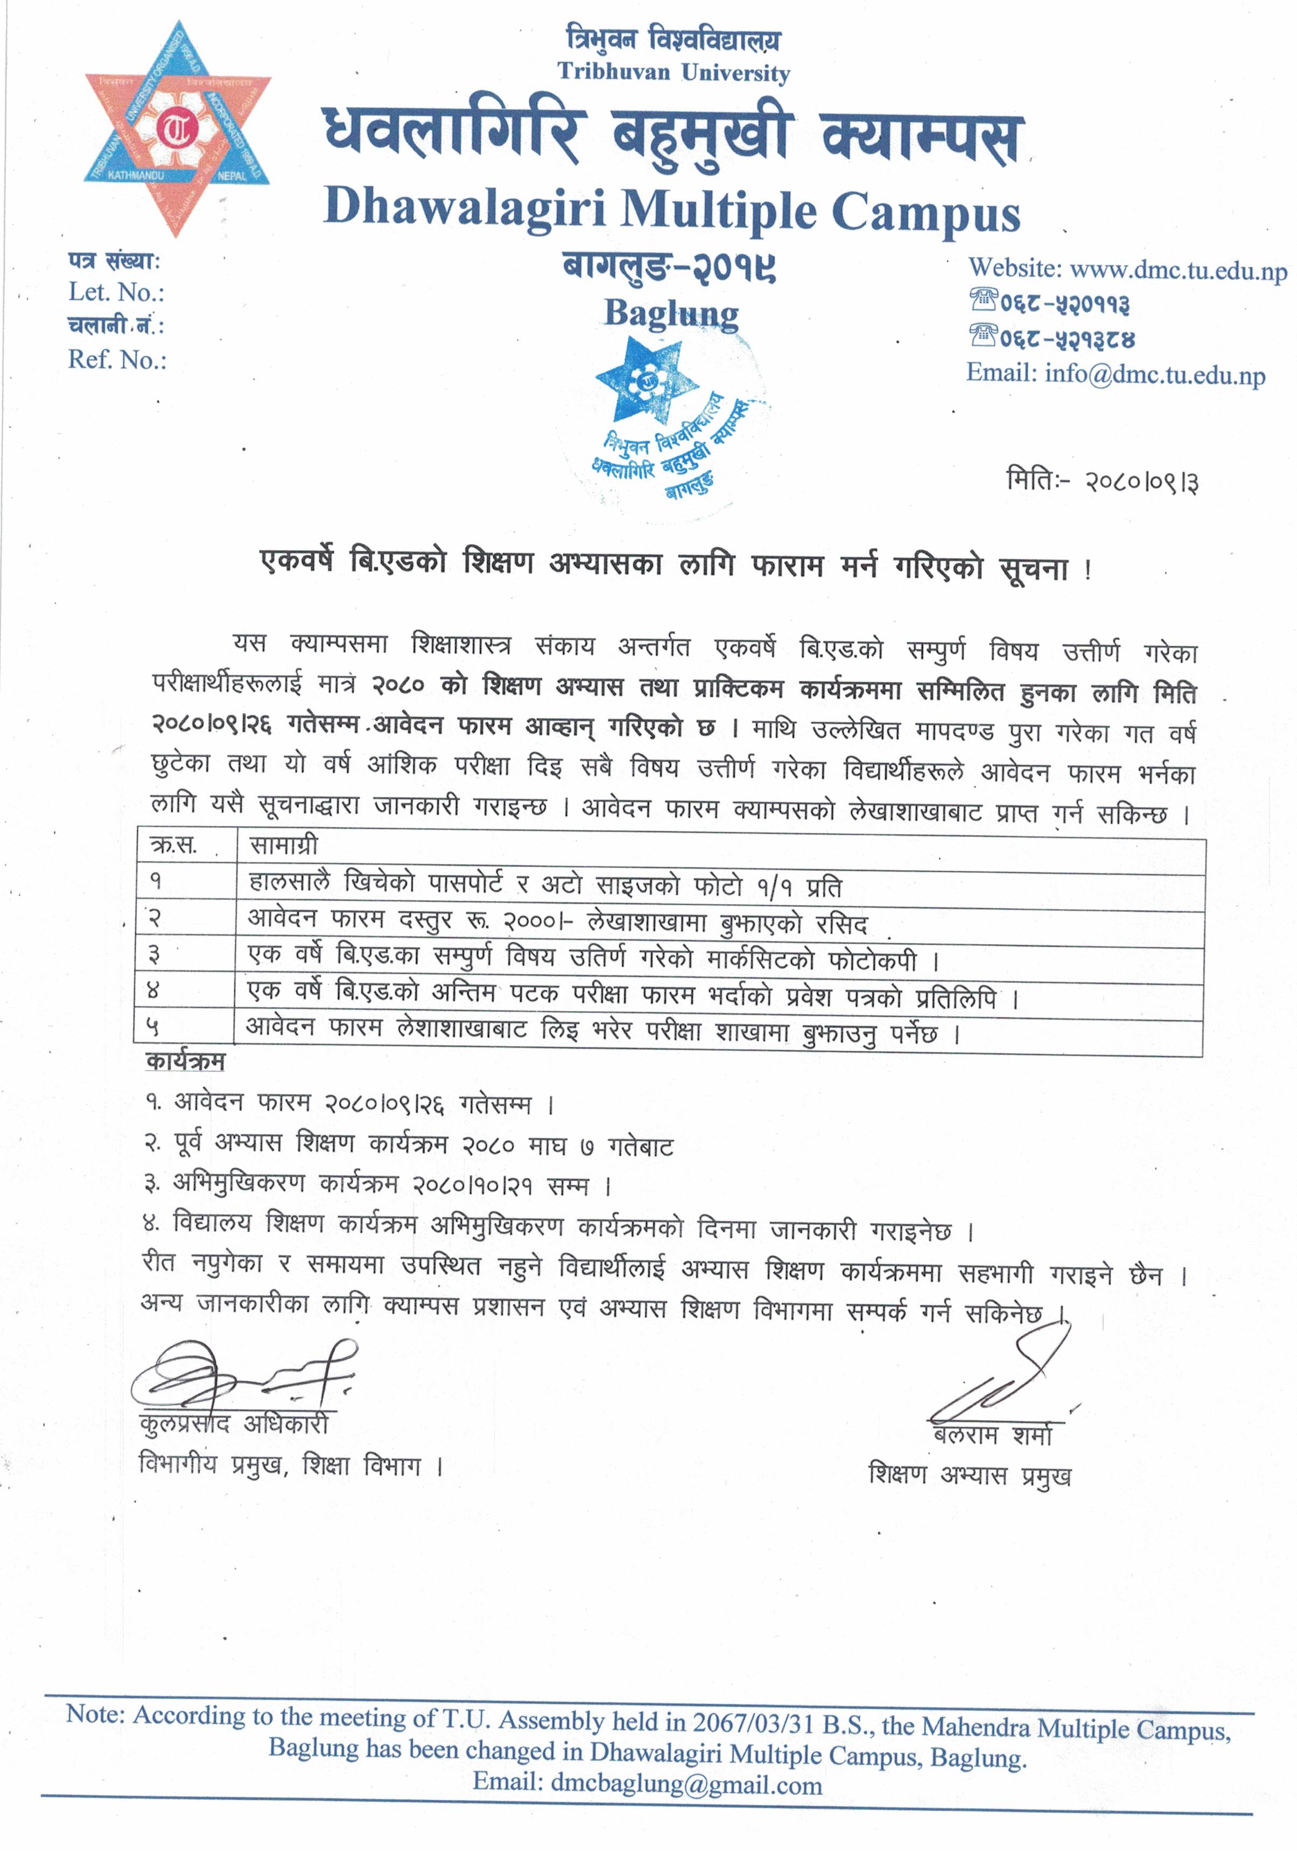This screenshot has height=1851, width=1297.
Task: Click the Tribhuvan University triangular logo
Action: tap(177, 129)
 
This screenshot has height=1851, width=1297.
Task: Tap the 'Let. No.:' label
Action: tap(116, 292)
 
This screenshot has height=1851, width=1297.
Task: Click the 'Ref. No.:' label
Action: tap(117, 360)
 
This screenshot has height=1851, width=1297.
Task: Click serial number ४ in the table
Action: tap(154, 990)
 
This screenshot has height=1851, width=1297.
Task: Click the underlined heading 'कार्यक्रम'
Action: tap(185, 1061)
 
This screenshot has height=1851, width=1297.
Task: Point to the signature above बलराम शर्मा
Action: tap(1008, 1382)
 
